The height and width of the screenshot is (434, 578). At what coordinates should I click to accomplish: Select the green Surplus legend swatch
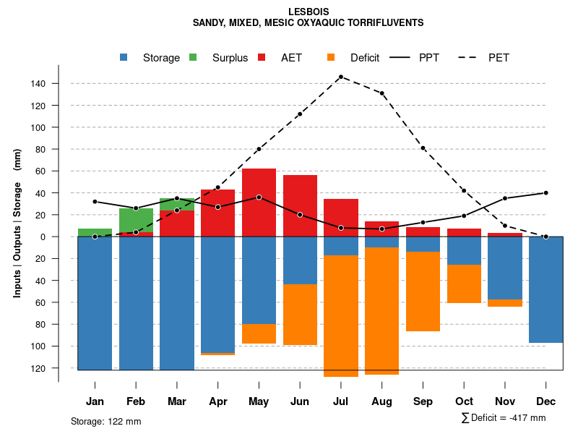point(194,58)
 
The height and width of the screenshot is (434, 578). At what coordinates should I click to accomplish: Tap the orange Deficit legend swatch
point(332,58)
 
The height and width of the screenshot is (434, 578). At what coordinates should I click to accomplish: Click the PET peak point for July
point(341,77)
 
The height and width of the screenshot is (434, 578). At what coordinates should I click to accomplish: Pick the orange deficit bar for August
point(381,311)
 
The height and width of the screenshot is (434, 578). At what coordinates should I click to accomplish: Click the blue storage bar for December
point(545,289)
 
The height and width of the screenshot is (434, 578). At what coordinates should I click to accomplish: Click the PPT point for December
point(545,193)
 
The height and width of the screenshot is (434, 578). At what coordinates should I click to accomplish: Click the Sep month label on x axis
point(423,401)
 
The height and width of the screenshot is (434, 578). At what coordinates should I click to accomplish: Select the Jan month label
point(95,401)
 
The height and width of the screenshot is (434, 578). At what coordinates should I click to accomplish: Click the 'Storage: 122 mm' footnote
point(105,421)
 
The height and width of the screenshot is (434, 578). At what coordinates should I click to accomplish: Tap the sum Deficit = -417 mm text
point(504,418)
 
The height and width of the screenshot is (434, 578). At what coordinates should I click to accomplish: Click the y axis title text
point(17,223)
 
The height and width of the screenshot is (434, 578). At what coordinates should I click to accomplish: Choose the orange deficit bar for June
point(300,315)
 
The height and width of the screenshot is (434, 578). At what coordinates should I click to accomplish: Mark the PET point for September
point(423,148)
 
